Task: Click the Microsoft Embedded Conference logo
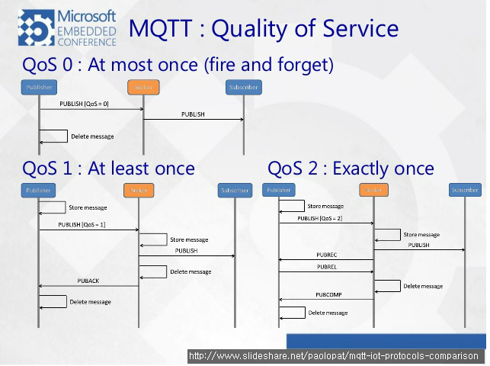(x=68, y=27)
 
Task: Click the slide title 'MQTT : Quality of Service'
(x=264, y=28)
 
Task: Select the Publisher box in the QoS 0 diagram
(x=39, y=88)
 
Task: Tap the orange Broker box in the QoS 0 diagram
(x=144, y=88)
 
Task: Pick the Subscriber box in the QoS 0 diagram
(x=243, y=88)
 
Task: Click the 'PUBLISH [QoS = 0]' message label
(x=85, y=104)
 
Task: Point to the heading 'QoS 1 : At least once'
(x=108, y=168)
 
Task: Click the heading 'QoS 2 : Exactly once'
(x=351, y=168)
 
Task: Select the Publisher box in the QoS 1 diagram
(x=39, y=190)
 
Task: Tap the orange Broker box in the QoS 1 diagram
(x=139, y=190)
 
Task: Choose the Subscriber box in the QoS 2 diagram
(x=464, y=190)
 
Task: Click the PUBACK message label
(x=88, y=281)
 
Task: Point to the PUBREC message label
(x=326, y=255)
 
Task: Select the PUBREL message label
(x=326, y=267)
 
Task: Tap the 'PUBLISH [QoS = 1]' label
(x=82, y=224)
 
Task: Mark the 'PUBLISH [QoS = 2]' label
(x=319, y=219)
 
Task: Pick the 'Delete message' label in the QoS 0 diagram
(x=92, y=136)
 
